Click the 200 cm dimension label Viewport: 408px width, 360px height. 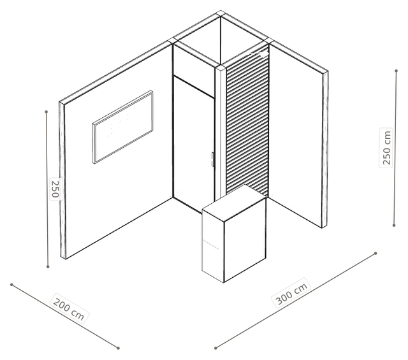[69, 309]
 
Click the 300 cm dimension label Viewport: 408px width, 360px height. [291, 293]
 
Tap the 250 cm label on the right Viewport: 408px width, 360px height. [387, 148]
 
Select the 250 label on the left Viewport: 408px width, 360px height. [55, 189]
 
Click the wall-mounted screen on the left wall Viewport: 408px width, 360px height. [122, 127]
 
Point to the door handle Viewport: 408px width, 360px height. [212, 159]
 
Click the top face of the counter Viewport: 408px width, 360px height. [234, 203]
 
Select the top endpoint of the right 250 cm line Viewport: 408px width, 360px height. [397, 71]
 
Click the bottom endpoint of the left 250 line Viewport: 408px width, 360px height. [48, 266]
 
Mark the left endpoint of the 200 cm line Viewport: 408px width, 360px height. [11, 285]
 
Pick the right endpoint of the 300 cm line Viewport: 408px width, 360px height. [375, 253]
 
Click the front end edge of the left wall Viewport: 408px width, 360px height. [62, 180]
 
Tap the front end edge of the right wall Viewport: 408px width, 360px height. [325, 150]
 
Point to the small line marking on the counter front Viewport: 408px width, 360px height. [211, 245]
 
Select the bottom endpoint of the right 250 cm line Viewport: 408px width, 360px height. [394, 226]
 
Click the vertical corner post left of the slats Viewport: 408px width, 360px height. [221, 132]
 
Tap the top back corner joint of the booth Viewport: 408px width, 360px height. [221, 13]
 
